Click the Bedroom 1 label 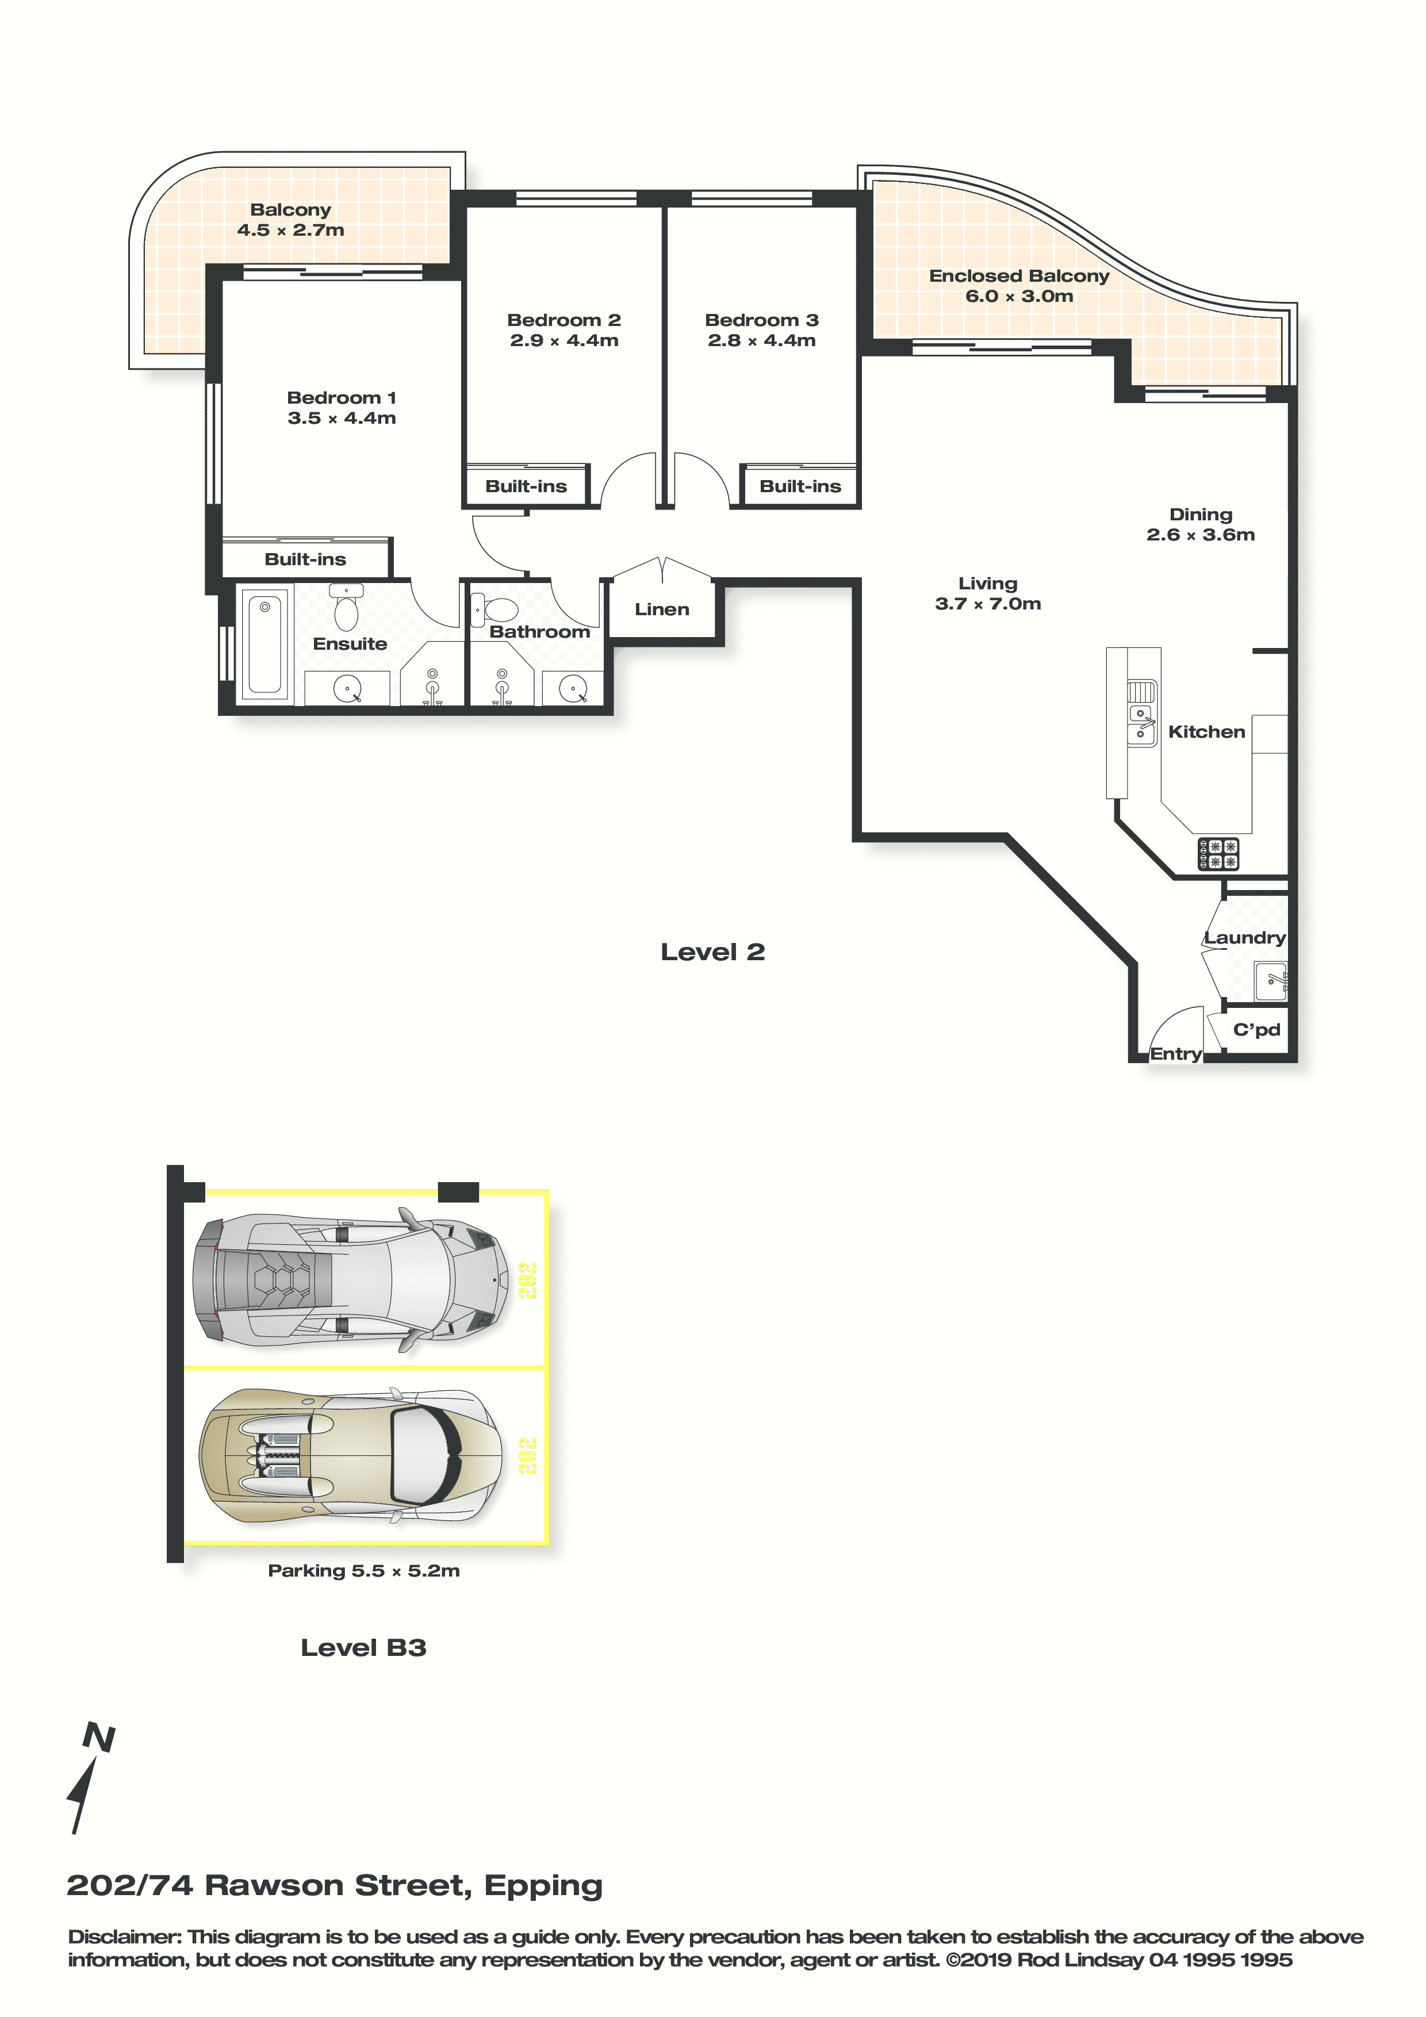[341, 398]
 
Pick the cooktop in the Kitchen [1218, 854]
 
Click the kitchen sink [1141, 714]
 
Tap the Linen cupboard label [662, 609]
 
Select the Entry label [1176, 1054]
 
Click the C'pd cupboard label [1256, 1030]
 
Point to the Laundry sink [1271, 981]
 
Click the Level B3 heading [363, 1648]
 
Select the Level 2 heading [712, 952]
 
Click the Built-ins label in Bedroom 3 [800, 486]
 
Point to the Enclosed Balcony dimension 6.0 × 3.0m [1019, 296]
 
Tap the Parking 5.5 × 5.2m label [364, 1571]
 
